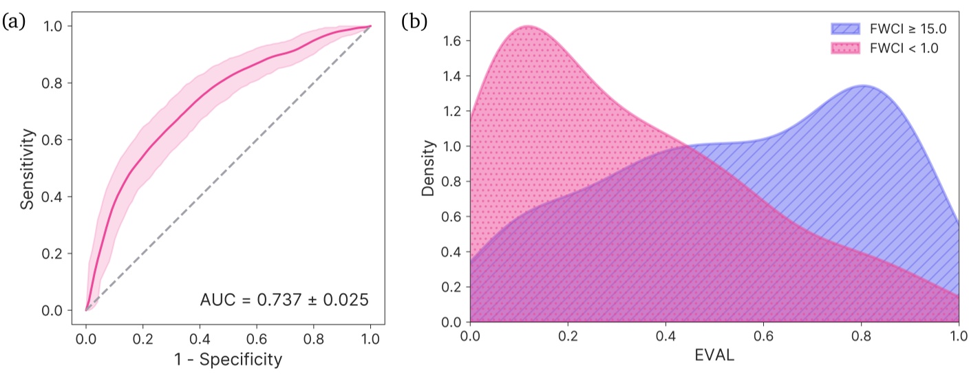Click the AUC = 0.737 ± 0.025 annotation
[x=284, y=301]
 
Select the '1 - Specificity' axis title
[x=228, y=359]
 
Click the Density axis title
[x=429, y=168]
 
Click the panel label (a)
[x=14, y=22]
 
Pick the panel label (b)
[x=414, y=22]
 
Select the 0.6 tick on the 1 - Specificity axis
[x=257, y=339]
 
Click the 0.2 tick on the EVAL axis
[x=568, y=337]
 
